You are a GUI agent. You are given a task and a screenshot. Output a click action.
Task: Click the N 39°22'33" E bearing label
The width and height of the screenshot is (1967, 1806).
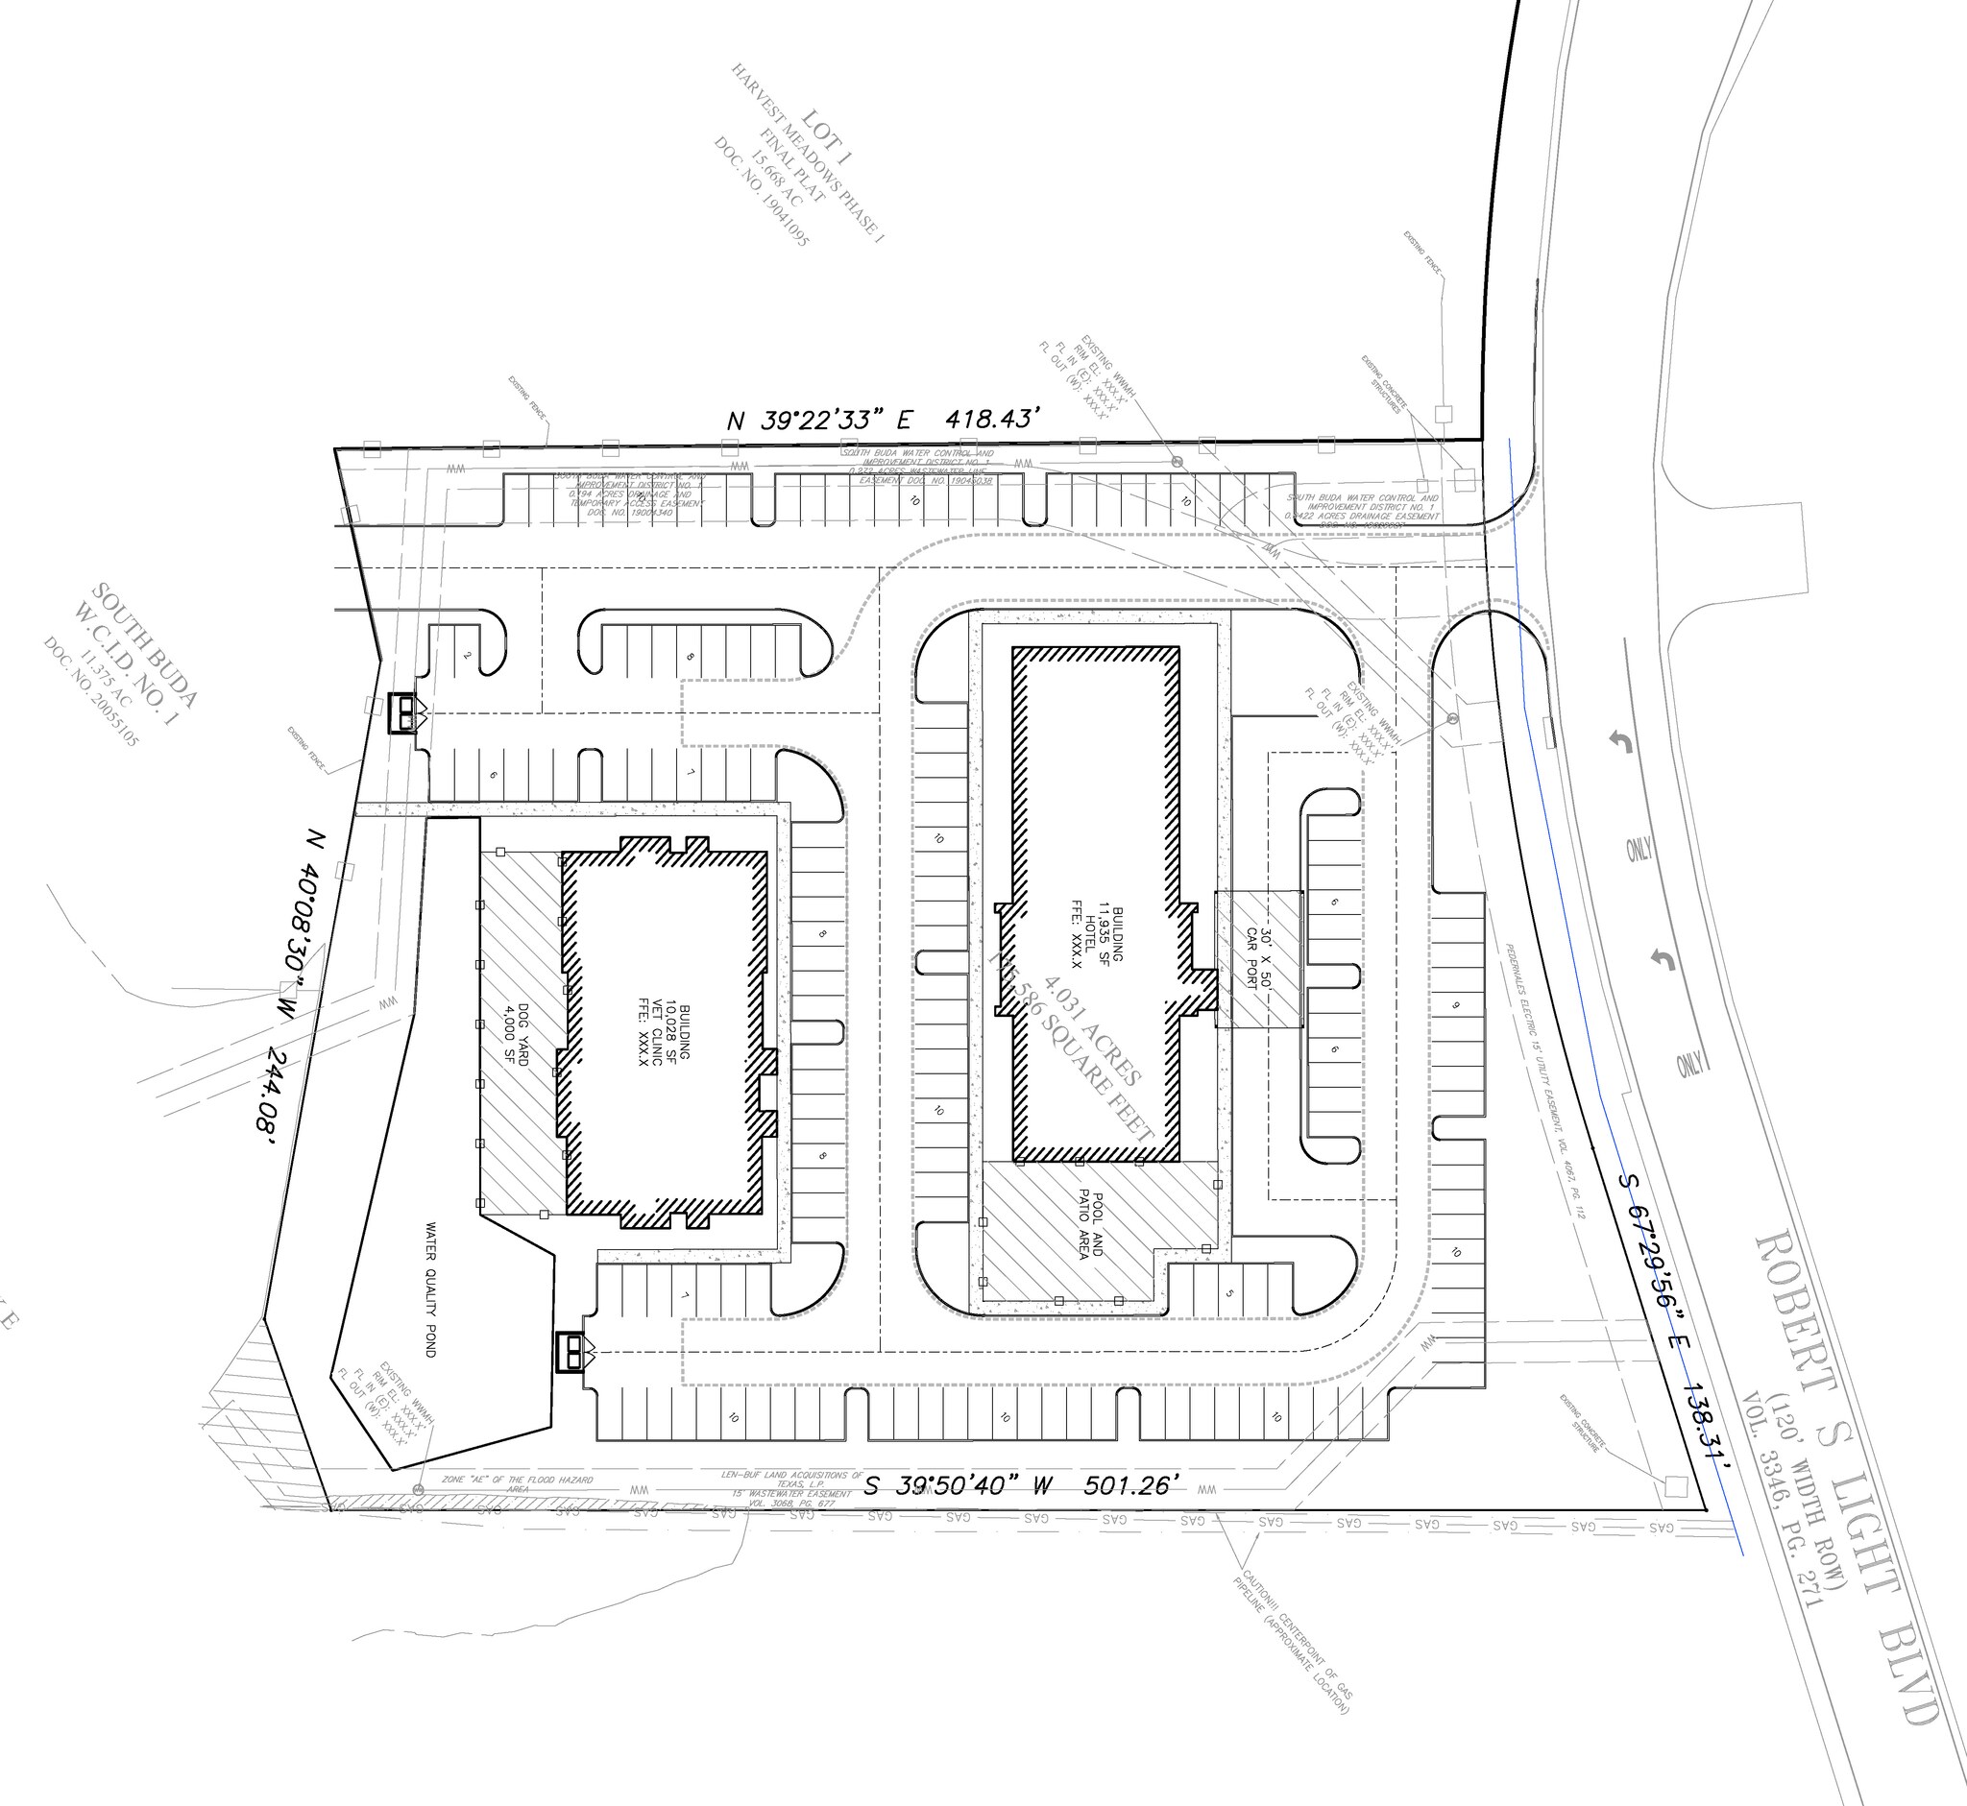[x=819, y=421]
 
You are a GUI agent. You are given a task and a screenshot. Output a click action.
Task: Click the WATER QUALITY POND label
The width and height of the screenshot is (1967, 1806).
[x=429, y=1288]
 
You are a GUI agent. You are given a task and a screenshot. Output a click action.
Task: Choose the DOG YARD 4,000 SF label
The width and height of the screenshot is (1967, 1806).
[x=515, y=1034]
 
